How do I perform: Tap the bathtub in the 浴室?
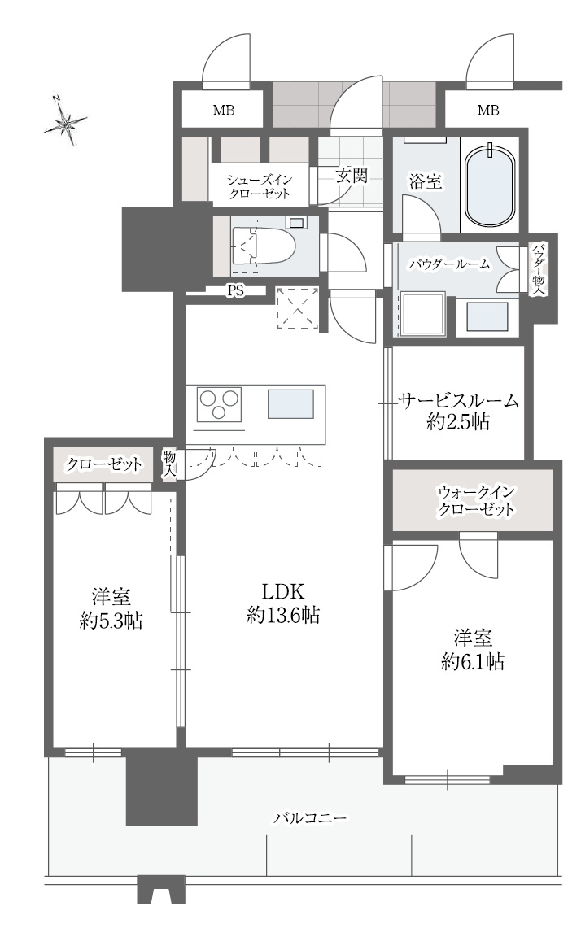(491, 185)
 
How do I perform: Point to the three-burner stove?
(221, 404)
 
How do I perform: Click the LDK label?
(282, 590)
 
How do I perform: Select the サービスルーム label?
(458, 400)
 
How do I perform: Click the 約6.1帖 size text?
(472, 661)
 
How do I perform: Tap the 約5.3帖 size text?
(112, 621)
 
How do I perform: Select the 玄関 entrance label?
(352, 176)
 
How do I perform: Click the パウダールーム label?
(449, 263)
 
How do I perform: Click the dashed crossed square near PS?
(297, 307)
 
